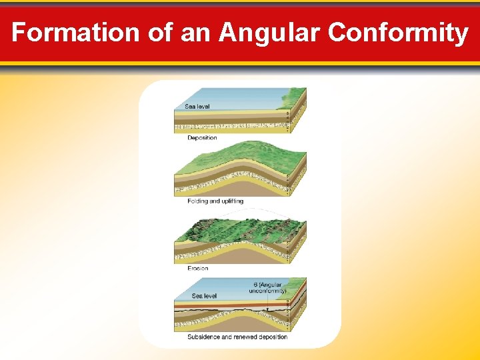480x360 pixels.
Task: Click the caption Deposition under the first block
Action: pos(202,138)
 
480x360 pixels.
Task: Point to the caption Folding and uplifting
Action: pos(215,201)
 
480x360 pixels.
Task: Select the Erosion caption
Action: pos(198,268)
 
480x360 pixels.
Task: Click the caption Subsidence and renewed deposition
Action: pos(237,337)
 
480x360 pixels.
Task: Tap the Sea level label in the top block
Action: pos(197,107)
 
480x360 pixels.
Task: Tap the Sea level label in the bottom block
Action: pos(204,295)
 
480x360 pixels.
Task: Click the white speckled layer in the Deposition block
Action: pos(227,125)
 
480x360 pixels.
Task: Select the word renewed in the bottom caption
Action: pos(247,337)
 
